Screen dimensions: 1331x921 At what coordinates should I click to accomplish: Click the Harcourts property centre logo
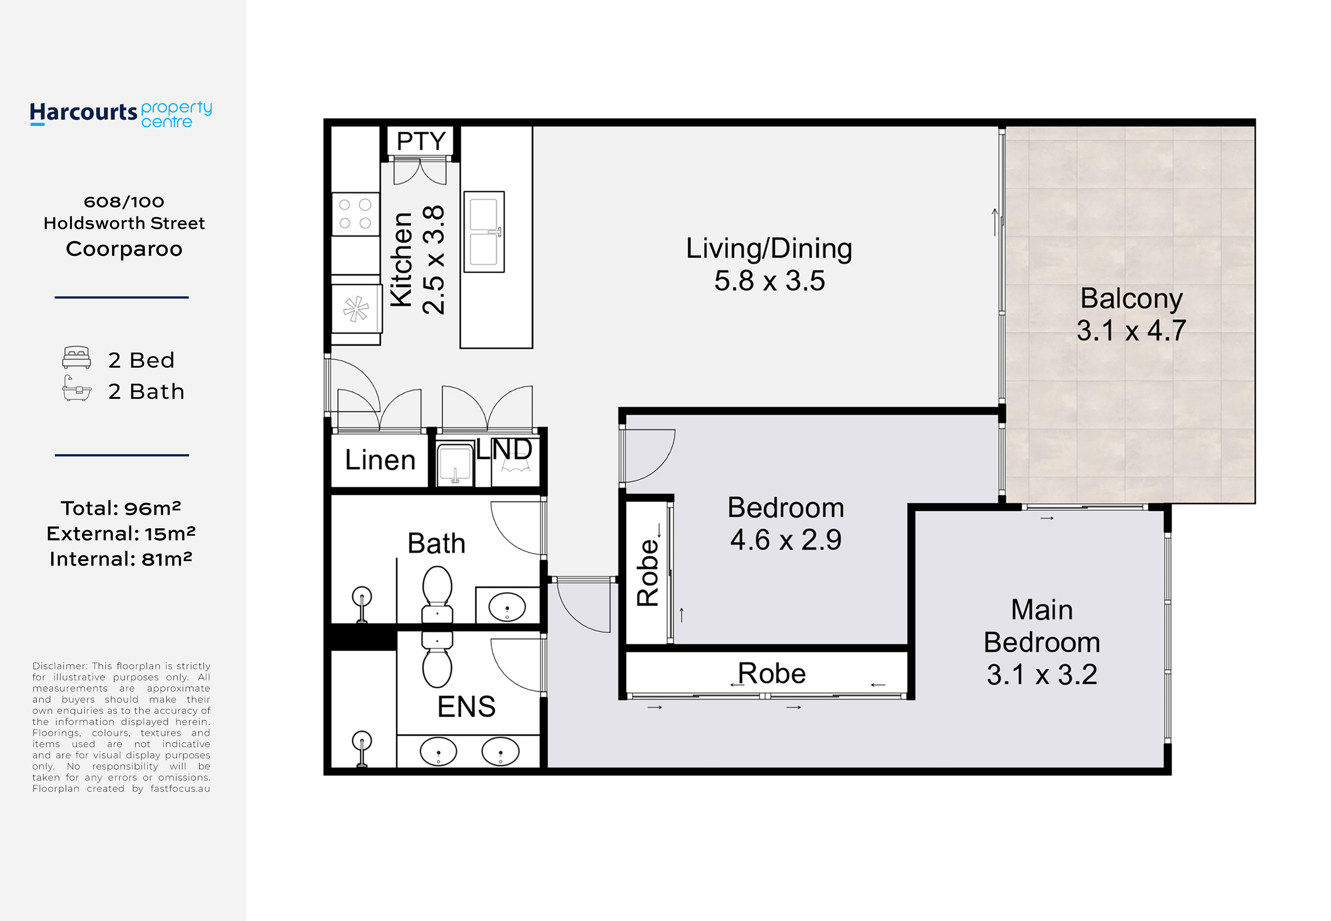pos(121,114)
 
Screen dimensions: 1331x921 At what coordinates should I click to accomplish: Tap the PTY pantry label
pos(421,141)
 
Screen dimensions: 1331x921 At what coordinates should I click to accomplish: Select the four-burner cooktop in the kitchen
pos(355,214)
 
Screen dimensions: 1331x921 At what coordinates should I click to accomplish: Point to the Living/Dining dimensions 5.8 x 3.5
pos(769,280)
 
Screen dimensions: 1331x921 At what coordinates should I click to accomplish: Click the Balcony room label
pos(1131,298)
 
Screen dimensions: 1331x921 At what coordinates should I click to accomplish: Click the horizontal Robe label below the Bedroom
pos(772,673)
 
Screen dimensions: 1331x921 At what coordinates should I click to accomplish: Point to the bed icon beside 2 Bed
pos(76,357)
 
